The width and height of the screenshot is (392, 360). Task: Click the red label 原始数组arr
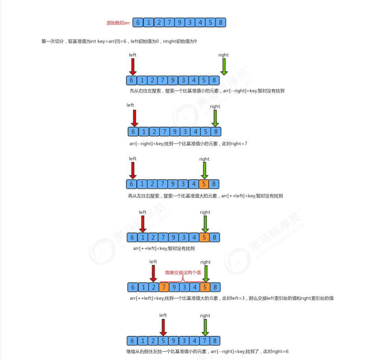[118, 23]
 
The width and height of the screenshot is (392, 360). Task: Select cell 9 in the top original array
[179, 22]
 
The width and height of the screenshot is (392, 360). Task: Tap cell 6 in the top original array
[138, 22]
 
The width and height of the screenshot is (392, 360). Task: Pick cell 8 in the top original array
[221, 22]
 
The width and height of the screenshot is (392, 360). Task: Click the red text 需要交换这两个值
[183, 273]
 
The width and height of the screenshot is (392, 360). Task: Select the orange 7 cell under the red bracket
[164, 287]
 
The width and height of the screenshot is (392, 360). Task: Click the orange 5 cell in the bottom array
[163, 341]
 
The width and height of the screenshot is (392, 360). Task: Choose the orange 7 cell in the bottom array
[204, 341]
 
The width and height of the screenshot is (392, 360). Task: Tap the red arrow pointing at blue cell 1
[143, 224]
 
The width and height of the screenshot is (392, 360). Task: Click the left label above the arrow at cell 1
[143, 212]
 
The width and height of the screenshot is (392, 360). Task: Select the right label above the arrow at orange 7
[205, 316]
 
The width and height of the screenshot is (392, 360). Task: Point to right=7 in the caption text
[239, 144]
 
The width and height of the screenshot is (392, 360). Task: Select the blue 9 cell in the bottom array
[173, 341]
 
